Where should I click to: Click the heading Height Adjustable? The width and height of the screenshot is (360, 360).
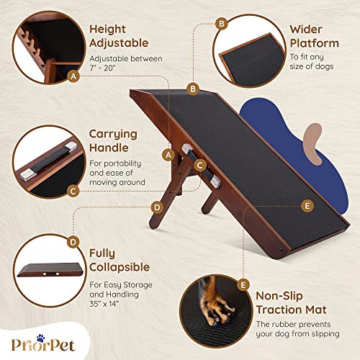(119, 37)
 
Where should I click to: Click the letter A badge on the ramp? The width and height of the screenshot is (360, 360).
(168, 154)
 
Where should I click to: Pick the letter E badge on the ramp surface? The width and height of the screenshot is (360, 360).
(307, 206)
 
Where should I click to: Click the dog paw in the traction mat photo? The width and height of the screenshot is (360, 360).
(213, 303)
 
